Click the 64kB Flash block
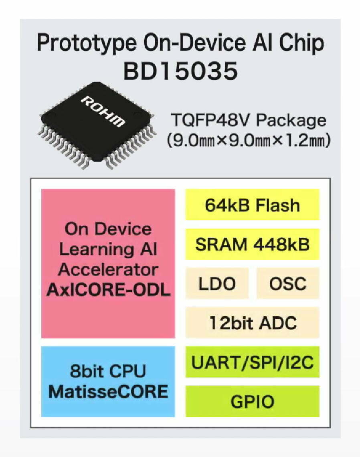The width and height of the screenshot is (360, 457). pos(253,204)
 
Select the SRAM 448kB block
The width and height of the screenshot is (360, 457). pos(253,244)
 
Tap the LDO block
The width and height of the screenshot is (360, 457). pos(217,283)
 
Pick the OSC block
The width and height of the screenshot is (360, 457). pos(288,283)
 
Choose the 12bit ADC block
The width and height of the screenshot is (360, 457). pos(253,323)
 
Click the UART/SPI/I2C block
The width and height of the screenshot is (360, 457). pos(253,362)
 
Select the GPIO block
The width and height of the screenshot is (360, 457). pos(253,401)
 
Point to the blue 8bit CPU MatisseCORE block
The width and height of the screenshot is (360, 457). pos(108,382)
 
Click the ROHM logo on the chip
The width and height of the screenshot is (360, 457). pos(103,111)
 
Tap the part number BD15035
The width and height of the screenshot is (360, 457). pos(181,71)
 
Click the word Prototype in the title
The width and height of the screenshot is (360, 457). pos(87,44)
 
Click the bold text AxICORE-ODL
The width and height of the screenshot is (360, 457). pos(108,290)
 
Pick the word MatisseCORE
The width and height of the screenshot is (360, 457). pos(108,391)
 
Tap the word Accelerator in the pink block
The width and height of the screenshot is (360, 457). pos(108,270)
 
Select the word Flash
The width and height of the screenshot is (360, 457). pos(278,205)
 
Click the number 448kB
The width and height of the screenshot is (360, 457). pos(281,244)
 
